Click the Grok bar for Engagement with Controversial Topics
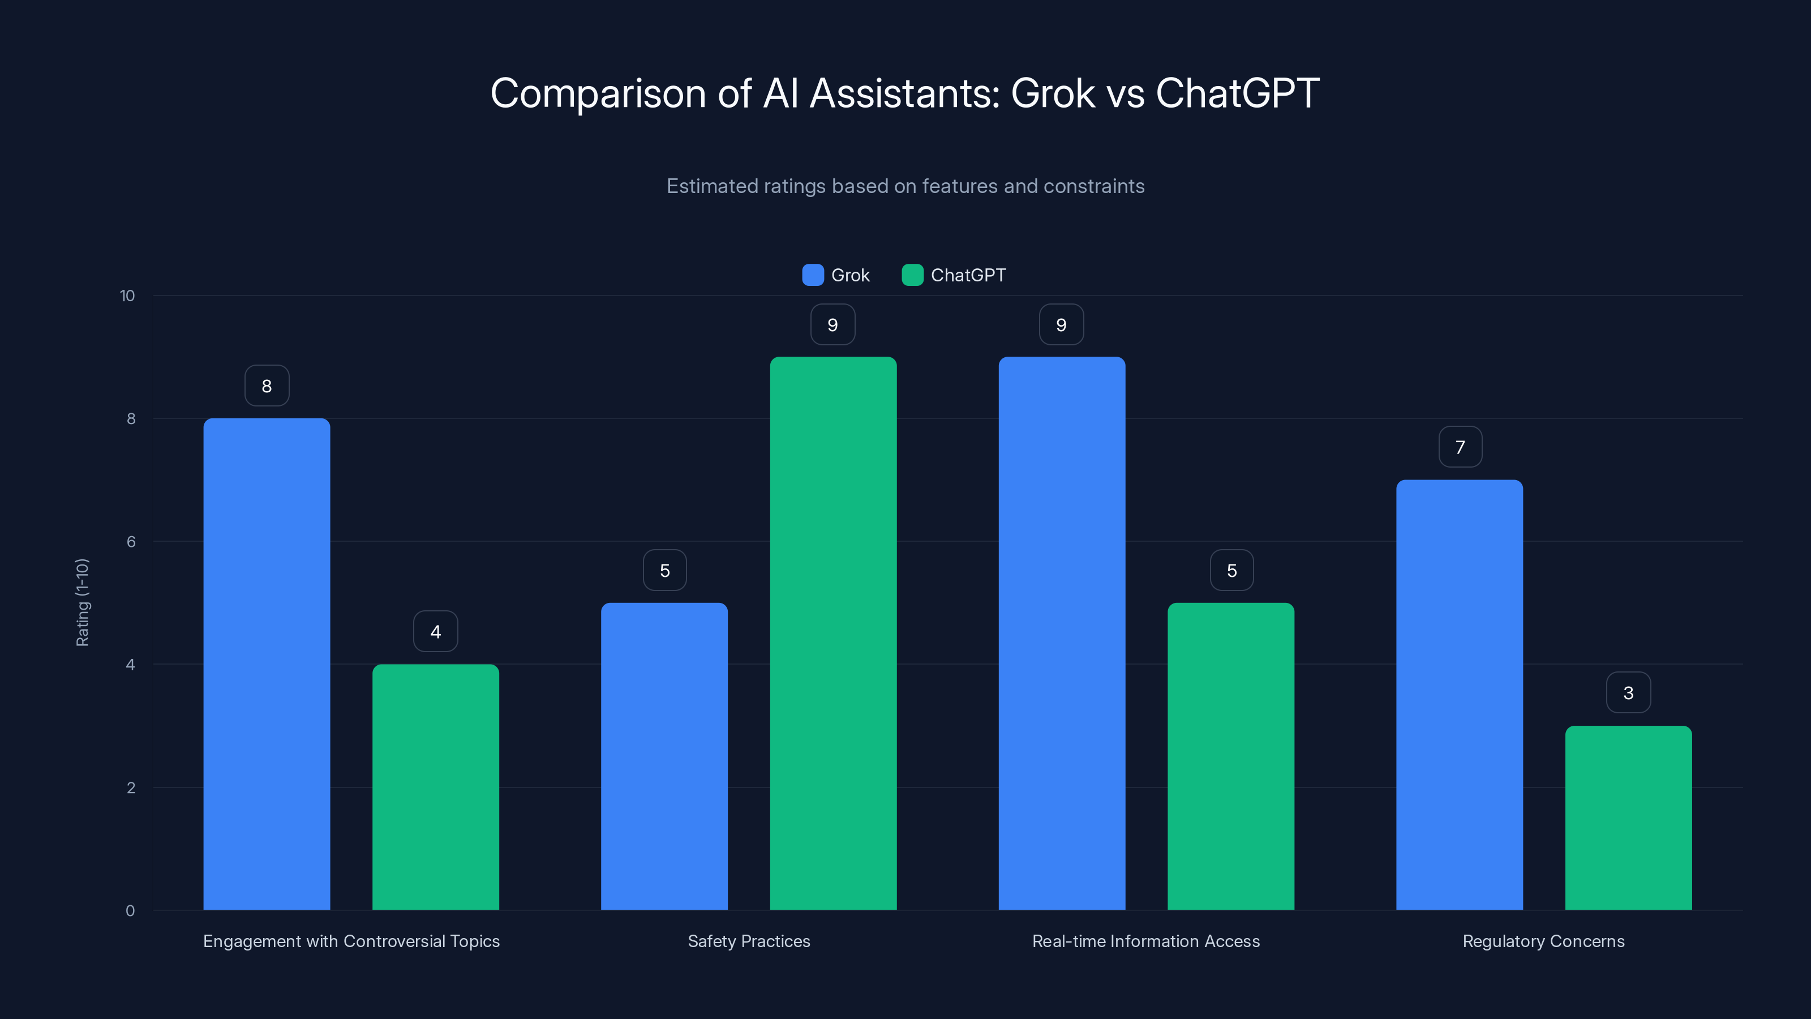[267, 664]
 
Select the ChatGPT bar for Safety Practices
[833, 633]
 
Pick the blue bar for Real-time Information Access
[1062, 633]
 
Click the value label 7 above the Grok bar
[1460, 447]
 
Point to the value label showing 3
[1628, 693]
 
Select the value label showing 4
[435, 632]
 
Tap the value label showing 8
[267, 386]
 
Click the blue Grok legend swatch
[813, 275]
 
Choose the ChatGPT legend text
[968, 275]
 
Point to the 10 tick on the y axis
[127, 296]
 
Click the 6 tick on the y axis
[131, 542]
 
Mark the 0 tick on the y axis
[130, 911]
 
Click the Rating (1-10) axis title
[82, 603]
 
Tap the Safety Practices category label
[749, 941]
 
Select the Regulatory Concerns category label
[1543, 941]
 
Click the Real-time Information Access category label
[1146, 941]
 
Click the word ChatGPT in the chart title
[1237, 93]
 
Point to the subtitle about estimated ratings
[905, 186]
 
